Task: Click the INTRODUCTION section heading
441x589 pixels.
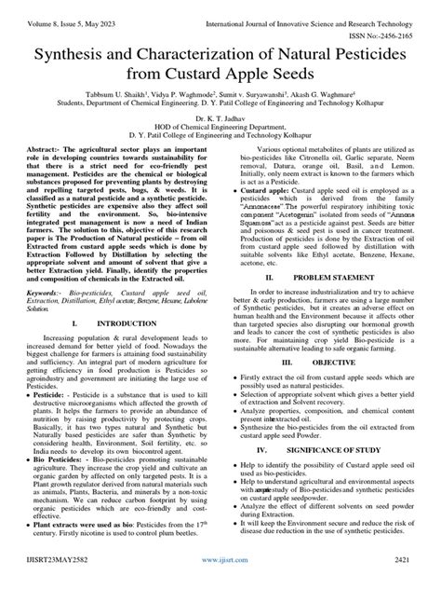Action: (128, 323)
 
